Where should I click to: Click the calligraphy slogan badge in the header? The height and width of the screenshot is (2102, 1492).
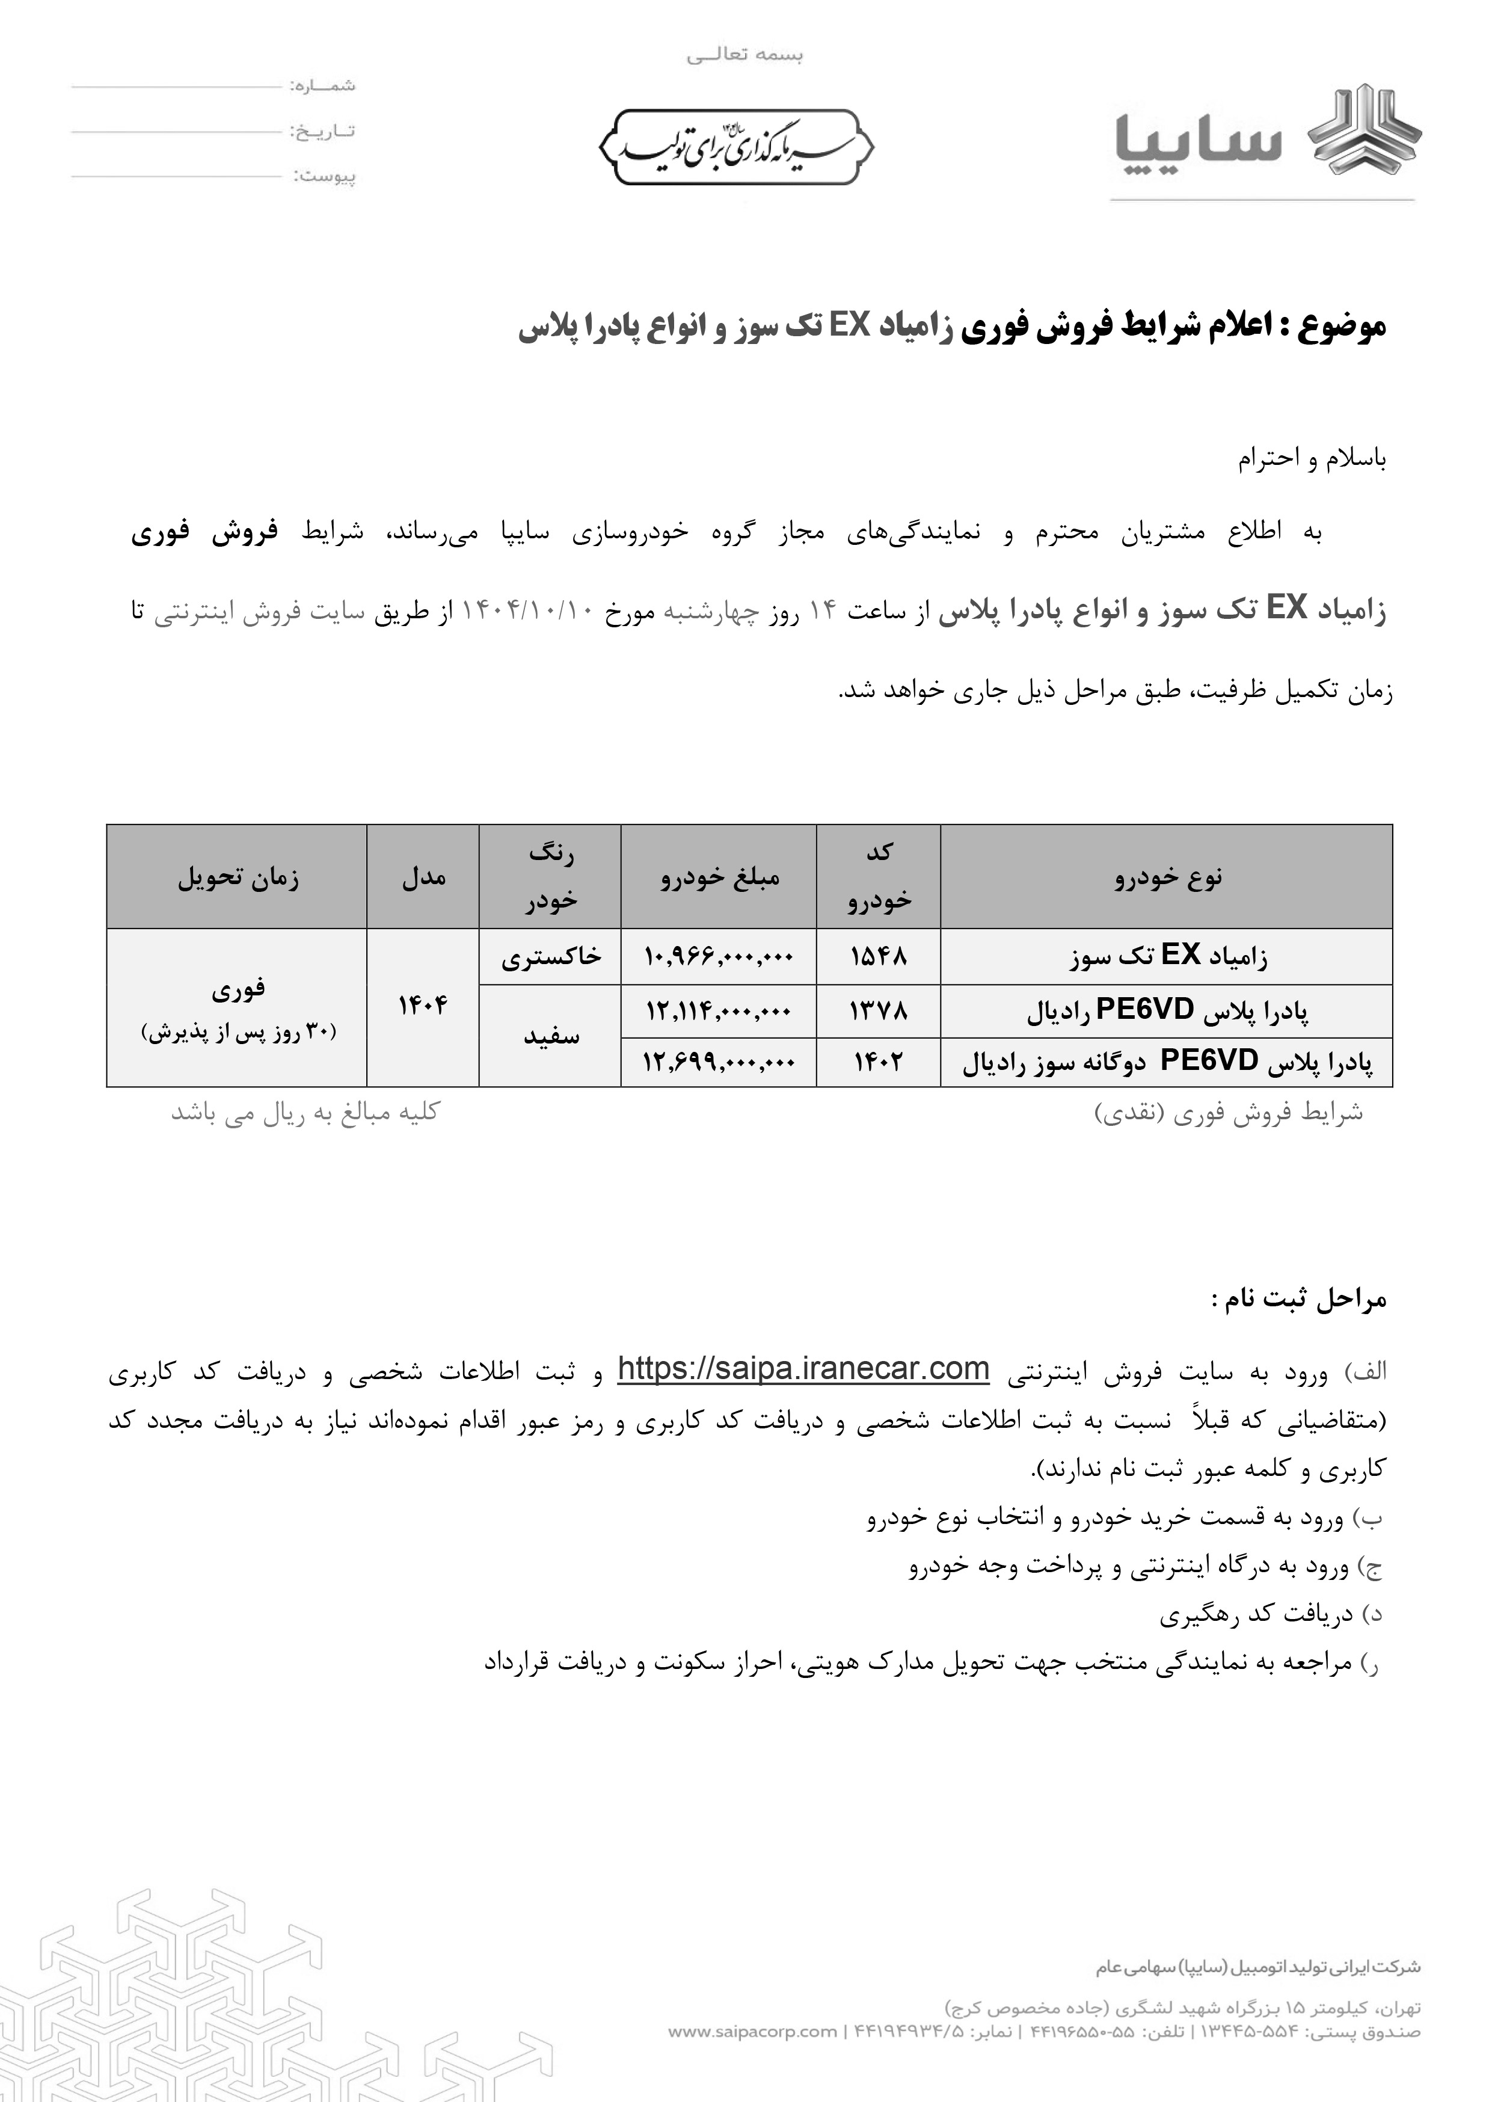coord(736,147)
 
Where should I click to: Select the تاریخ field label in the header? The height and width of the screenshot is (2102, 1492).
coord(324,131)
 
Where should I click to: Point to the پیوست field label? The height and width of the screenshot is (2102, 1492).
coord(324,176)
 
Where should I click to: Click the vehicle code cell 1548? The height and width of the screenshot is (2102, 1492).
coord(877,956)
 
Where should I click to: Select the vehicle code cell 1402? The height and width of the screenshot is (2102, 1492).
coord(877,1062)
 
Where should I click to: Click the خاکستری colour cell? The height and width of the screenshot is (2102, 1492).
coord(550,956)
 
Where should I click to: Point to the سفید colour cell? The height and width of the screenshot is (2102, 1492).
coord(550,1036)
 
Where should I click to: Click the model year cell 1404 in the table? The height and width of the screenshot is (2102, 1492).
coord(423,1007)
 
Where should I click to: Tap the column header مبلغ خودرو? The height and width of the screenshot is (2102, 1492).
coord(719,877)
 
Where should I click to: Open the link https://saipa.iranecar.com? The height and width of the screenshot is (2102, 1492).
coord(802,1369)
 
